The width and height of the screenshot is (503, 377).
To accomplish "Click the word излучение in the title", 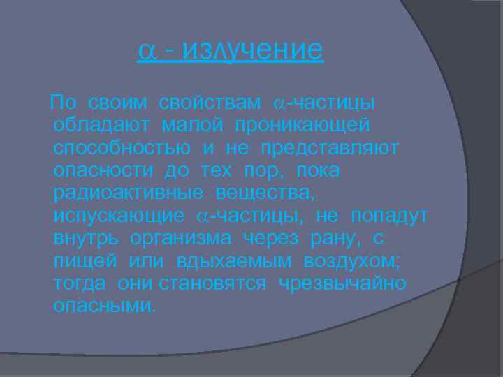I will point(255,51).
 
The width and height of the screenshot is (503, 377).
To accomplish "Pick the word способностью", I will point(122,149).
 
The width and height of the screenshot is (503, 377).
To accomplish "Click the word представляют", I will point(330,149).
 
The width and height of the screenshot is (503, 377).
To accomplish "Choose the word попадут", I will point(390,216).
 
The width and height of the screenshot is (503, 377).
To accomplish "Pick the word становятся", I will point(212,284).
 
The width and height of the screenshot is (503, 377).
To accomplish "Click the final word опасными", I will point(105,306).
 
